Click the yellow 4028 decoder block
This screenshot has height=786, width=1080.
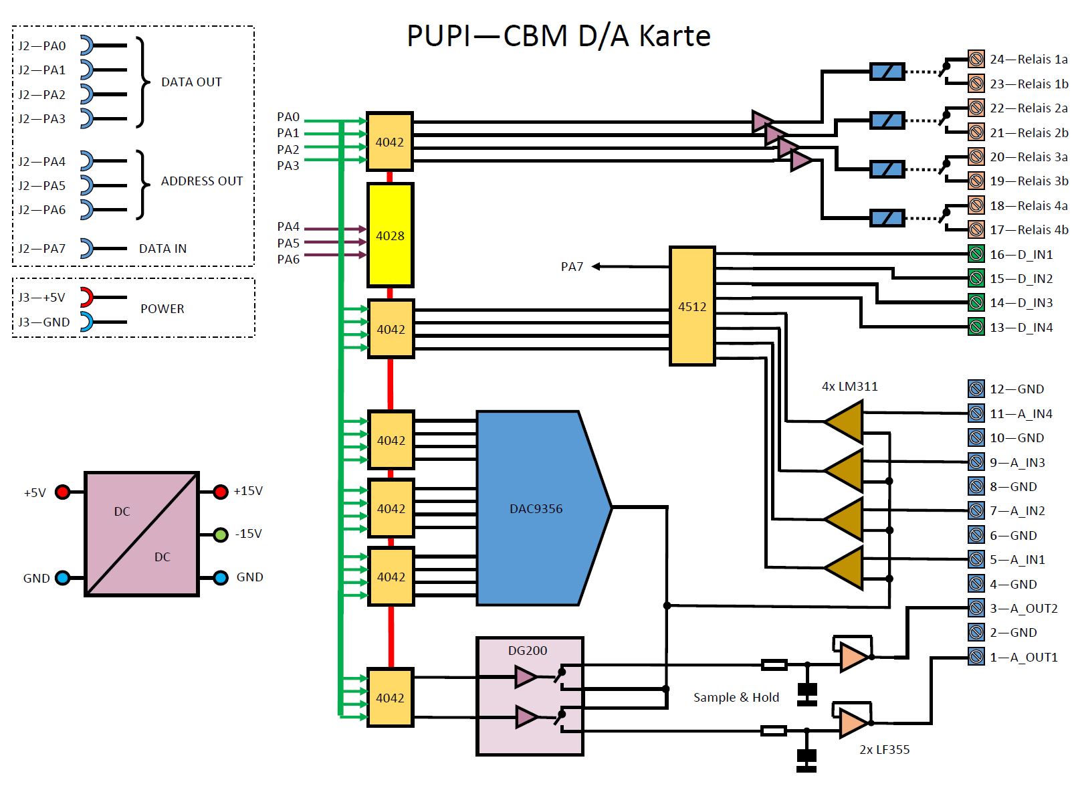[x=390, y=235]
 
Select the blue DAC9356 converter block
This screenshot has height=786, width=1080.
[x=535, y=508]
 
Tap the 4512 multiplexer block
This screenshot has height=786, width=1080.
[x=692, y=306]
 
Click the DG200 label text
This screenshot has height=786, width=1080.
[x=528, y=650]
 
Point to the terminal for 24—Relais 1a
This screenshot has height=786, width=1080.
[x=976, y=59]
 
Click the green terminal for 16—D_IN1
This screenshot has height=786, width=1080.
[x=976, y=254]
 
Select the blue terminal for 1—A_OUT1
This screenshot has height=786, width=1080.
[x=976, y=657]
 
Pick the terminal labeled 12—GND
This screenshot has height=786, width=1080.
[x=976, y=389]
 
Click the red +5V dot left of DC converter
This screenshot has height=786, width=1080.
[x=62, y=492]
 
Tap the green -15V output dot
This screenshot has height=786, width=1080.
[x=221, y=534]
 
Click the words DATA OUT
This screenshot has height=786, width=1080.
[x=191, y=82]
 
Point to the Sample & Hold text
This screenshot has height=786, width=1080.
[x=736, y=697]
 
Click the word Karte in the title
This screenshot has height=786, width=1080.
[x=674, y=36]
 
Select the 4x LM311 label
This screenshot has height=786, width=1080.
[x=849, y=386]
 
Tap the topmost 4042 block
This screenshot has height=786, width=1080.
[x=390, y=142]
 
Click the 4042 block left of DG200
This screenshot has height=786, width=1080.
[x=390, y=698]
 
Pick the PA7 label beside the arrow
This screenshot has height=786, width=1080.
[x=572, y=266]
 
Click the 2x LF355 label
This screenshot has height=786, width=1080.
[x=884, y=749]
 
